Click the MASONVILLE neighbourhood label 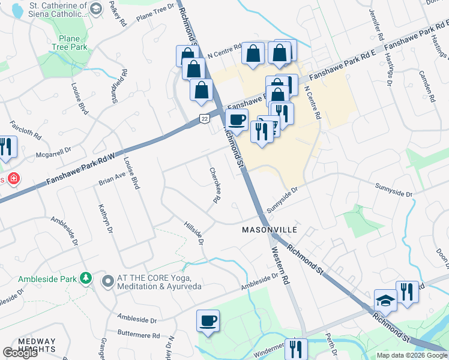coord(270,230)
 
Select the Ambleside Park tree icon coord(86,278)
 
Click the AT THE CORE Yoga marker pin coord(108,281)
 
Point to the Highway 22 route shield coord(205,120)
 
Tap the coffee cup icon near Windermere coord(208,321)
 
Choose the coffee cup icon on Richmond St coord(237,119)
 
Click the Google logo coord(20,353)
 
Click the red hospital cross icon coord(12,179)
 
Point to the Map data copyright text coord(412,355)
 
